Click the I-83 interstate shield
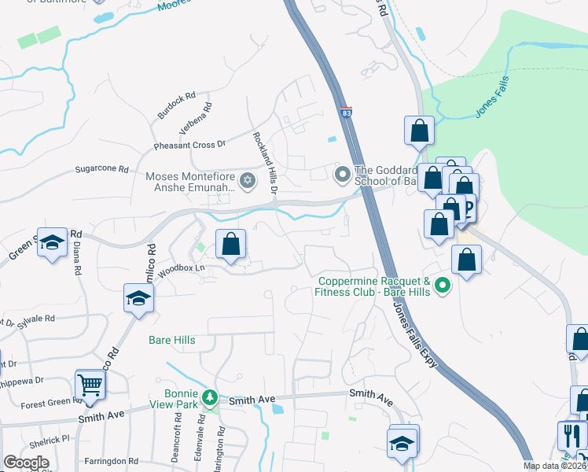click(346, 113)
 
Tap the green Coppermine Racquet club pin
click(443, 286)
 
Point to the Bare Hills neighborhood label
click(171, 341)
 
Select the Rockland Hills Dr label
click(265, 163)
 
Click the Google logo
click(26, 463)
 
